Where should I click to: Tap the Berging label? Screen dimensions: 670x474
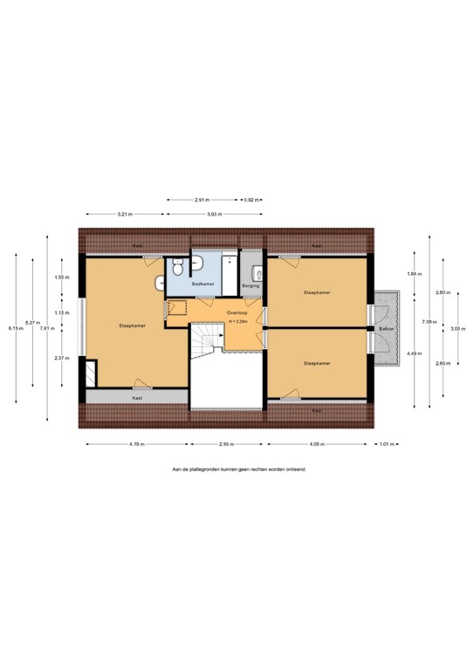click(251, 284)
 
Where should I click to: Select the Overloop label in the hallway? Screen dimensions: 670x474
click(237, 312)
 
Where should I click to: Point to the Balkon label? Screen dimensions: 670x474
click(385, 329)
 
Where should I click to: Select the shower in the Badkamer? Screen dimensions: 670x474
click(230, 271)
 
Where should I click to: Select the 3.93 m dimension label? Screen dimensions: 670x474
click(214, 214)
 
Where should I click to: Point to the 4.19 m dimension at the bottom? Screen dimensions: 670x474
click(136, 444)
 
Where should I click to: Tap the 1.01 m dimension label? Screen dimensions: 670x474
click(385, 444)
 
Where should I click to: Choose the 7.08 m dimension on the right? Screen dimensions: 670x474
click(429, 322)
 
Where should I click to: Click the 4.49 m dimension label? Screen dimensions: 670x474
click(413, 352)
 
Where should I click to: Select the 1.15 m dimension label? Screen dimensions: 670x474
click(61, 312)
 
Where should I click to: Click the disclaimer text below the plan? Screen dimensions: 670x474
click(239, 468)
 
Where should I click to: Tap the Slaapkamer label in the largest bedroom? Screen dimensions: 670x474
click(133, 325)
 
